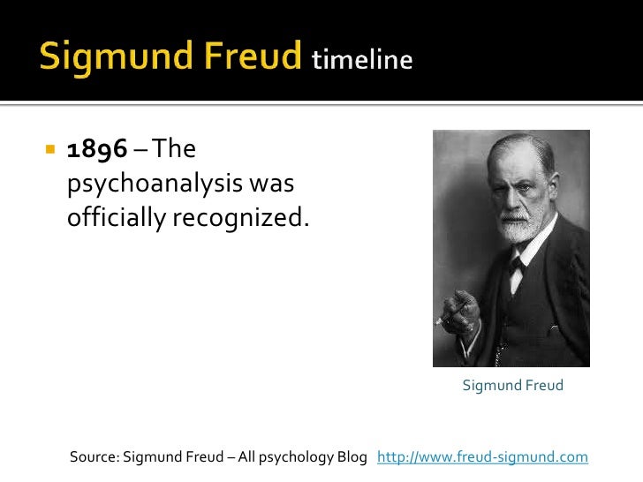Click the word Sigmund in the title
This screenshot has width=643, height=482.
[x=96, y=57]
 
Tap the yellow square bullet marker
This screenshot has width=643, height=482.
[x=49, y=150]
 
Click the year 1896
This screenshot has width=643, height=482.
[x=97, y=150]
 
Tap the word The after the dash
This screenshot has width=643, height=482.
[x=174, y=150]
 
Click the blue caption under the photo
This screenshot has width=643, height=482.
[x=512, y=386]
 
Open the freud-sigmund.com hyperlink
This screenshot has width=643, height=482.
[x=482, y=456]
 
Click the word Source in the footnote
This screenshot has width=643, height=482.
[x=93, y=456]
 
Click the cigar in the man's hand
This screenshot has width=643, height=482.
[x=446, y=317]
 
